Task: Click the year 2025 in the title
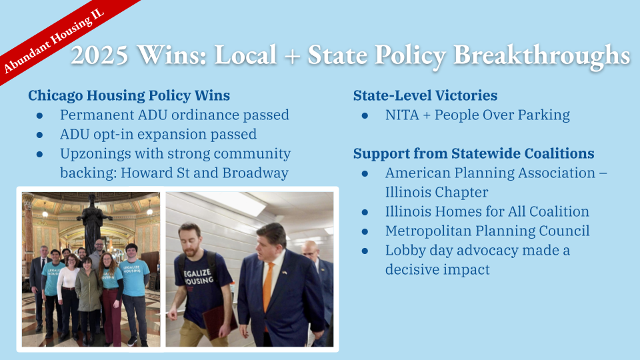coord(99,55)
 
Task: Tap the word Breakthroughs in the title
coord(542,55)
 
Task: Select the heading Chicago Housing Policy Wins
coord(129,95)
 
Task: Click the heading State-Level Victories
coord(425,95)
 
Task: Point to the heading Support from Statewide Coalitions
coord(473,153)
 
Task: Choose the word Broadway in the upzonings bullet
coord(256,173)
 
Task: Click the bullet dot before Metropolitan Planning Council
coord(365,231)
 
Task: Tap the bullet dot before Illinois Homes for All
coord(365,212)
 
